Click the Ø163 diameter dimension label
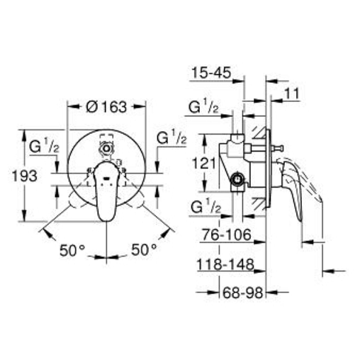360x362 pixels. point(106,107)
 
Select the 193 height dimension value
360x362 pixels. point(25,176)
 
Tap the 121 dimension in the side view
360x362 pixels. point(203,164)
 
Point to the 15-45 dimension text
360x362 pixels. point(210,72)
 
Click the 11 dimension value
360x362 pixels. point(292,94)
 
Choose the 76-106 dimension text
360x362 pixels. point(227,234)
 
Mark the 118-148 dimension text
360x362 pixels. point(225,265)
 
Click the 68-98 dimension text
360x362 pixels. point(242,293)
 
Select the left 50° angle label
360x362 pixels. point(72,250)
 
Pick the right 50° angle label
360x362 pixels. point(144,249)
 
